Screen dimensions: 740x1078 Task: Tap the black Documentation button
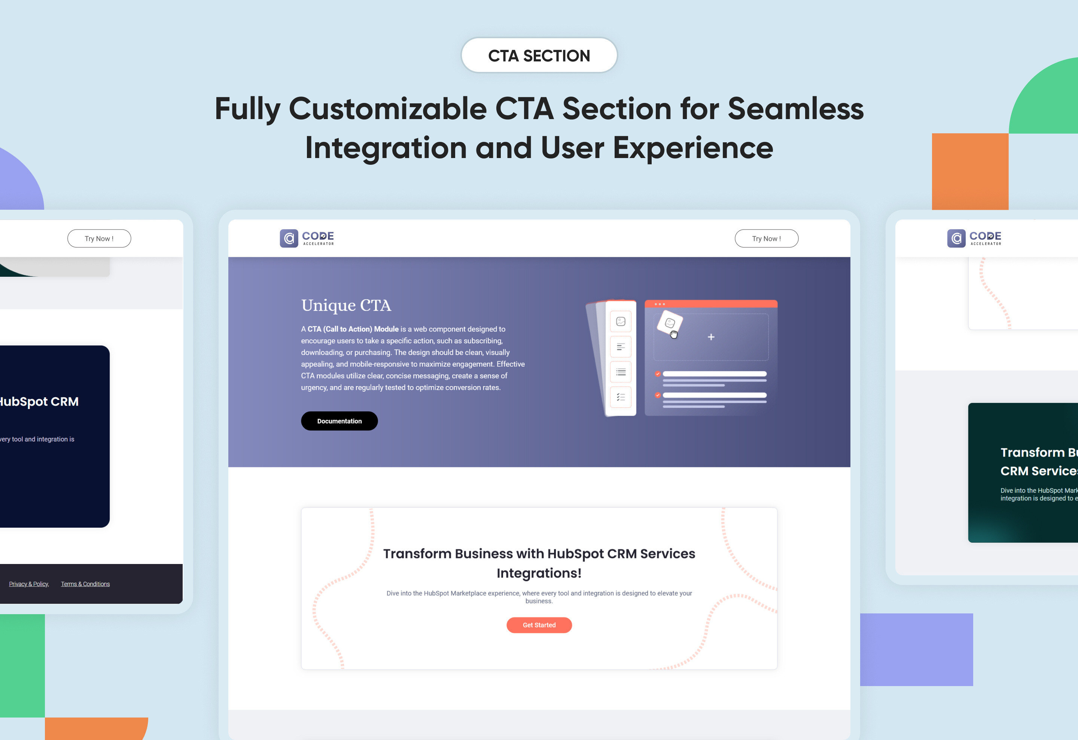tap(339, 421)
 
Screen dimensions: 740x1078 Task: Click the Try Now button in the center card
tap(766, 239)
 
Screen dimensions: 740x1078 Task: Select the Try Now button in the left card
tap(99, 239)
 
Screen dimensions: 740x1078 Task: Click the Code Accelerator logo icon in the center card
tap(289, 239)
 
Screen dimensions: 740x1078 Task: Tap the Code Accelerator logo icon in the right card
tap(956, 239)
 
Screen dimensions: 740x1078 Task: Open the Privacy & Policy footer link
tap(29, 584)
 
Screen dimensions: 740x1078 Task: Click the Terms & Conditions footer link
tap(85, 584)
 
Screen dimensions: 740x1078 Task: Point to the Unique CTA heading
tap(346, 305)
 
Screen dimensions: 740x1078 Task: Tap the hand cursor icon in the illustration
tap(673, 334)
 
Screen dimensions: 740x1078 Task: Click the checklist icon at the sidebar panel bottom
tap(621, 397)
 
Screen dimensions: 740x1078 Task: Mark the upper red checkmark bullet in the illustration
tap(658, 373)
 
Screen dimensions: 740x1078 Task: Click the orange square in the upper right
tap(970, 172)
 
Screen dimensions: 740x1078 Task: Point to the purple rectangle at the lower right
tap(916, 649)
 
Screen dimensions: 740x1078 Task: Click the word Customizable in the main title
tap(387, 109)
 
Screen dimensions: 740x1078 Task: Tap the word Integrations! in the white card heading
tap(539, 573)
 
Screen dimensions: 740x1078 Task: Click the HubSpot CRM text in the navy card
tap(39, 401)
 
